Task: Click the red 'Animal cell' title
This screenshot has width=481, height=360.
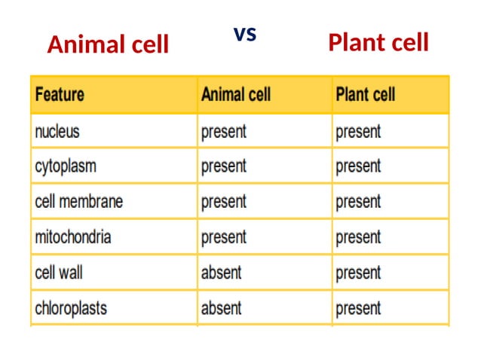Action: click(x=108, y=45)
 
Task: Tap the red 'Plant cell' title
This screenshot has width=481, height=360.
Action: click(x=378, y=43)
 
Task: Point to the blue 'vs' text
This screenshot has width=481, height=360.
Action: click(x=244, y=34)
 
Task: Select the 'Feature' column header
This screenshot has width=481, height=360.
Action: click(x=60, y=96)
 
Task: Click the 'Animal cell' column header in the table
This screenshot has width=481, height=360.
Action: click(x=235, y=96)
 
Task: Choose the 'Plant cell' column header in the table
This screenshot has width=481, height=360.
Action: click(x=365, y=96)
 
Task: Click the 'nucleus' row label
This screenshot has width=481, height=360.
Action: click(x=57, y=132)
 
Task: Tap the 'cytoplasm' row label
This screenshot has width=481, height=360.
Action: click(x=66, y=166)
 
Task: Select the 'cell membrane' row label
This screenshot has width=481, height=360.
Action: click(x=78, y=202)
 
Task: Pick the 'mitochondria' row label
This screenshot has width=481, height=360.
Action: click(x=73, y=237)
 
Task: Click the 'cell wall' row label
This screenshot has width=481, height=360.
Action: click(x=59, y=272)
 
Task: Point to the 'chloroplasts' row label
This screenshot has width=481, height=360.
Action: click(x=71, y=308)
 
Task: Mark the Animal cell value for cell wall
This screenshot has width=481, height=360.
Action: click(x=221, y=272)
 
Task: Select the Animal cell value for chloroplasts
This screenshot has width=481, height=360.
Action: click(x=221, y=308)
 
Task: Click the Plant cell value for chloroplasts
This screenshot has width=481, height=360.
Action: click(x=358, y=308)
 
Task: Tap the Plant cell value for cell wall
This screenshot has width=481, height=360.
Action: click(x=358, y=272)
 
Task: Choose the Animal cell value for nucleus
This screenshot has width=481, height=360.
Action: click(x=223, y=132)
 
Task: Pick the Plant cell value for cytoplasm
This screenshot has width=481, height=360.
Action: click(x=358, y=166)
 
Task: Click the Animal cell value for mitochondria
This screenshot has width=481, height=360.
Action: click(x=223, y=237)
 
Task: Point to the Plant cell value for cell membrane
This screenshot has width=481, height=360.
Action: click(x=358, y=202)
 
